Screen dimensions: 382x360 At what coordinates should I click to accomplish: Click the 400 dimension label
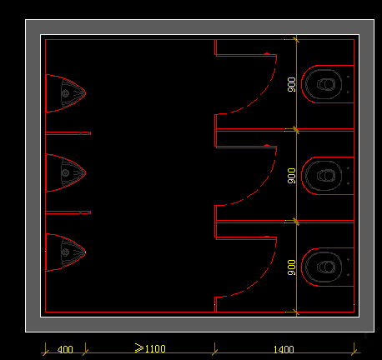coord(65,349)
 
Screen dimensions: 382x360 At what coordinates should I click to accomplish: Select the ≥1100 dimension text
coord(150,348)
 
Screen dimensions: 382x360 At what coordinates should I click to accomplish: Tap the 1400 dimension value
coord(284,349)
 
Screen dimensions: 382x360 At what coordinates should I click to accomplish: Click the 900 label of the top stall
coord(292,85)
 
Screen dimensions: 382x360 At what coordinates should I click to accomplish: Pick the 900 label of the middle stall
coord(292,176)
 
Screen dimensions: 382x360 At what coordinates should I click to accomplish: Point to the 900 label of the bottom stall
coord(292,267)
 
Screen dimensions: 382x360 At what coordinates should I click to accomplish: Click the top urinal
coord(66,93)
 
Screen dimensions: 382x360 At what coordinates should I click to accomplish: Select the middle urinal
coord(66,172)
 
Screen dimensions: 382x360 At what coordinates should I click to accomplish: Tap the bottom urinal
coord(66,252)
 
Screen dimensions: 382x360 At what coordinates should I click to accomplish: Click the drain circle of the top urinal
coord(65,93)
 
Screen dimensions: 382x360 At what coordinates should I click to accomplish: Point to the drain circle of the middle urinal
coord(65,172)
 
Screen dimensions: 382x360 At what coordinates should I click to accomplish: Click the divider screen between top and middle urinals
coord(68,133)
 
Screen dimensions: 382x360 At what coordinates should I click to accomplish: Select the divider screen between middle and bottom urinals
coord(68,212)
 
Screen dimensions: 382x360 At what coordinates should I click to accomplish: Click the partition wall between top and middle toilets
coord(284,130)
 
